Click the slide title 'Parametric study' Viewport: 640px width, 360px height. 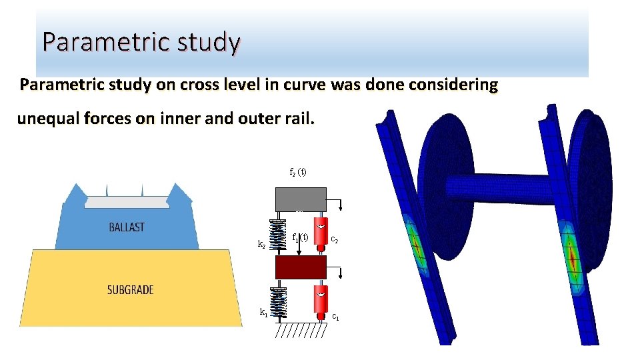point(141,42)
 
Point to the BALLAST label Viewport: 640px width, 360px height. point(127,227)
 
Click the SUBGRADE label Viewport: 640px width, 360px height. point(131,290)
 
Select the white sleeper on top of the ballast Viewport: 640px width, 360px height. point(127,201)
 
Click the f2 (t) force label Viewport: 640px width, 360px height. point(297,172)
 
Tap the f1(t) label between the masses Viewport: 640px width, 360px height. point(301,237)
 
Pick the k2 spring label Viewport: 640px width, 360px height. point(262,245)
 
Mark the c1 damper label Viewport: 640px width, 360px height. point(336,317)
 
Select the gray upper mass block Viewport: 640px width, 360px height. point(301,199)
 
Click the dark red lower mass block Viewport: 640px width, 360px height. point(301,267)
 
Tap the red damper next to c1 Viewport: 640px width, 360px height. point(321,299)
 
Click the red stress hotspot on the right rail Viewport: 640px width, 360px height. point(572,256)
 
